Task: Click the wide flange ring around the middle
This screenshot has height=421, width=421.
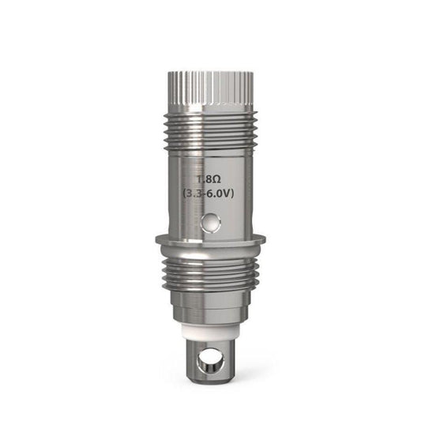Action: (x=210, y=239)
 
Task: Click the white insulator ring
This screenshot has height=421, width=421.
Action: (x=210, y=322)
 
